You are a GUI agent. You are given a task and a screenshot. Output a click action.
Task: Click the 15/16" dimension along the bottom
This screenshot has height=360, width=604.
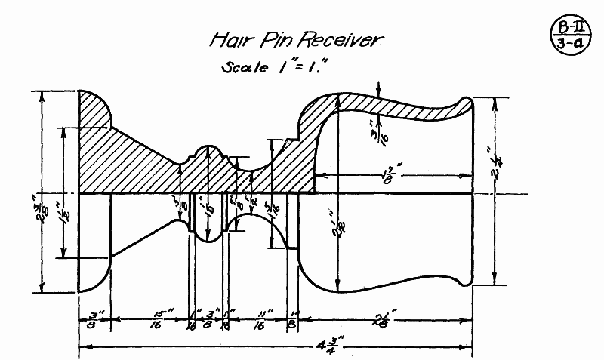coord(156,321)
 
